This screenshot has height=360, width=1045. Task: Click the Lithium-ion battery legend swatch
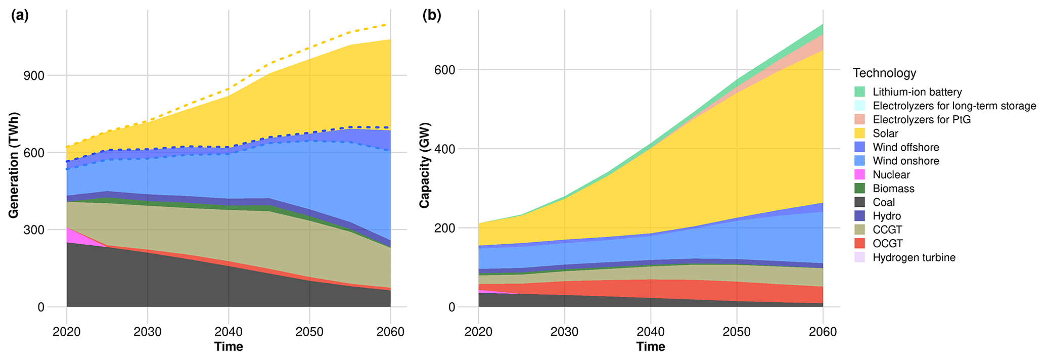pos(859,92)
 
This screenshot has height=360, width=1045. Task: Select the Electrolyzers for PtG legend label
pos(922,120)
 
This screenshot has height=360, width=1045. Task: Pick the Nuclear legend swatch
pos(859,175)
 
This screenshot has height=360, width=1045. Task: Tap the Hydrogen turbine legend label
pos(914,257)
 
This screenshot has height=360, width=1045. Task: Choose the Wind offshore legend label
pos(906,147)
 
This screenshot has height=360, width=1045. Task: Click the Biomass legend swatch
pos(859,189)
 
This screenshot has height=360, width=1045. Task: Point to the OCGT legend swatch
pos(859,244)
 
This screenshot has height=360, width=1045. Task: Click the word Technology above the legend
pos(884,73)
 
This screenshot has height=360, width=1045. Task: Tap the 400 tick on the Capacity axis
pos(444,149)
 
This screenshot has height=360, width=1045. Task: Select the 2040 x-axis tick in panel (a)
pos(229,332)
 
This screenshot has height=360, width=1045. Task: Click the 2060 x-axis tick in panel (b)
pos(823,332)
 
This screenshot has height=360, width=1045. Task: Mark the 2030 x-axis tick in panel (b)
pos(564,332)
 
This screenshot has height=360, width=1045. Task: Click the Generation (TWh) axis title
pos(14,165)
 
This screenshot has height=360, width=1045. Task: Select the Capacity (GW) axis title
pos(424,165)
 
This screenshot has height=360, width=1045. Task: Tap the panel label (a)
pos(20,16)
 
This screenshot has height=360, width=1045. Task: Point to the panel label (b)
pos(432,16)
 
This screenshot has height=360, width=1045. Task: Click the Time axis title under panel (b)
pos(651,347)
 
